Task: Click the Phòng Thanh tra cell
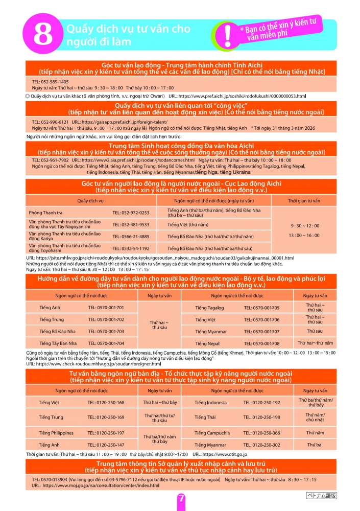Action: (x=42, y=213)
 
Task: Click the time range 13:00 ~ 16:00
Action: (x=305, y=235)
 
